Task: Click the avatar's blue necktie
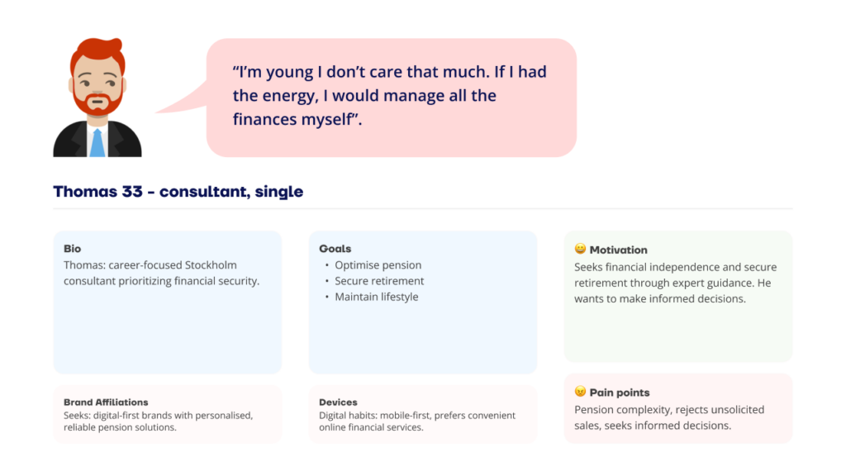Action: (x=97, y=143)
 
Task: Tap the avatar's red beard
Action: (x=97, y=103)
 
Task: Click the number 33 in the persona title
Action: (x=132, y=192)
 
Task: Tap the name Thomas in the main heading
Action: (x=85, y=192)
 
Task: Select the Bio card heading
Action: (x=73, y=249)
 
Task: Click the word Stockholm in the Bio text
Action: (x=211, y=265)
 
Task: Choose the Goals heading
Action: (x=335, y=249)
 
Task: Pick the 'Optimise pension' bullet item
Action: (x=378, y=265)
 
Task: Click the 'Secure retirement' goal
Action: (x=379, y=281)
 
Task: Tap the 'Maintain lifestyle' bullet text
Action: (x=377, y=297)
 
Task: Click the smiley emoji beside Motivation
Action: (x=580, y=249)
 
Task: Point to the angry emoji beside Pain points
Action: (x=580, y=391)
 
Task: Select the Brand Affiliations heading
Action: (x=106, y=402)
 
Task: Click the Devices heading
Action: (x=338, y=402)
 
